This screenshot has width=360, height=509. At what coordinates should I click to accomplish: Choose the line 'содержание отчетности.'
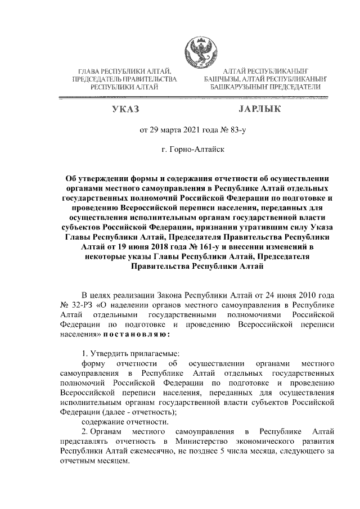(x=125, y=421)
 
